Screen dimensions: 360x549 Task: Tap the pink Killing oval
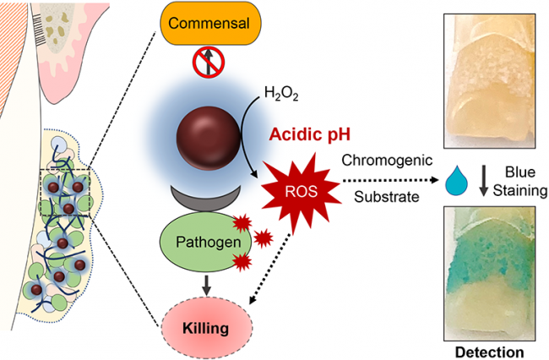[206, 325]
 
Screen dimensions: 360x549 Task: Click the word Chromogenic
[386, 160]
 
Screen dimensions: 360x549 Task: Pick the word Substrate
[386, 199]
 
